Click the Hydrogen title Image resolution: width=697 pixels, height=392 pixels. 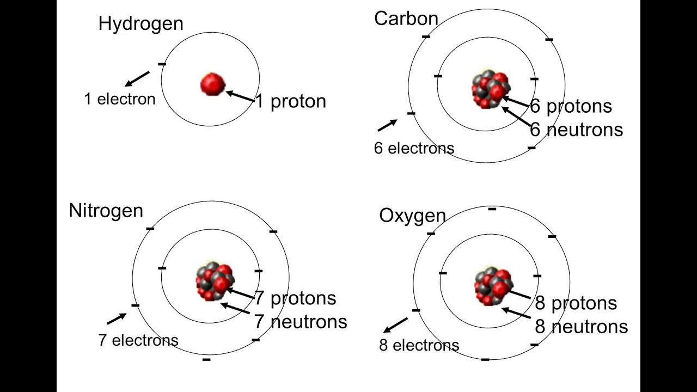140,24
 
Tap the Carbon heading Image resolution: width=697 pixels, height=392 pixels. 406,19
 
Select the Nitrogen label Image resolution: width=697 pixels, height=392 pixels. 106,211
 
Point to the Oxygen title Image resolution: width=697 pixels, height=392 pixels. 412,216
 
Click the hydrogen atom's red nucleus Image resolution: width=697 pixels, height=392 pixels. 212,84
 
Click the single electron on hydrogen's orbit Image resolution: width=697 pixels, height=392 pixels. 162,64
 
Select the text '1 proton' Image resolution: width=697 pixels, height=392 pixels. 291,101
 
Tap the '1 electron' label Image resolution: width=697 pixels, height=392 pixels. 119,99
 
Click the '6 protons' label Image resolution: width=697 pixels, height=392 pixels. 571,106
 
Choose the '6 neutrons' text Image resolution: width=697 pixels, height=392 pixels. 577,130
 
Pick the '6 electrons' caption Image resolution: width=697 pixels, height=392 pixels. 414,148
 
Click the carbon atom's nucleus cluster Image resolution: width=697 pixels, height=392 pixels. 490,89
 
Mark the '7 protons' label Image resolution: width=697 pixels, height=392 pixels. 295,298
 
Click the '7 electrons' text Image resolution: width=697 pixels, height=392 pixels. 138,340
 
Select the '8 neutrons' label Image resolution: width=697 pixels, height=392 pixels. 582,327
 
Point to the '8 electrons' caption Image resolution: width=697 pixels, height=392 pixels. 419,345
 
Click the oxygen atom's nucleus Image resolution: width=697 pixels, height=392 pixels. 493,285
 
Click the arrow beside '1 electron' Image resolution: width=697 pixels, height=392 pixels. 137,78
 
